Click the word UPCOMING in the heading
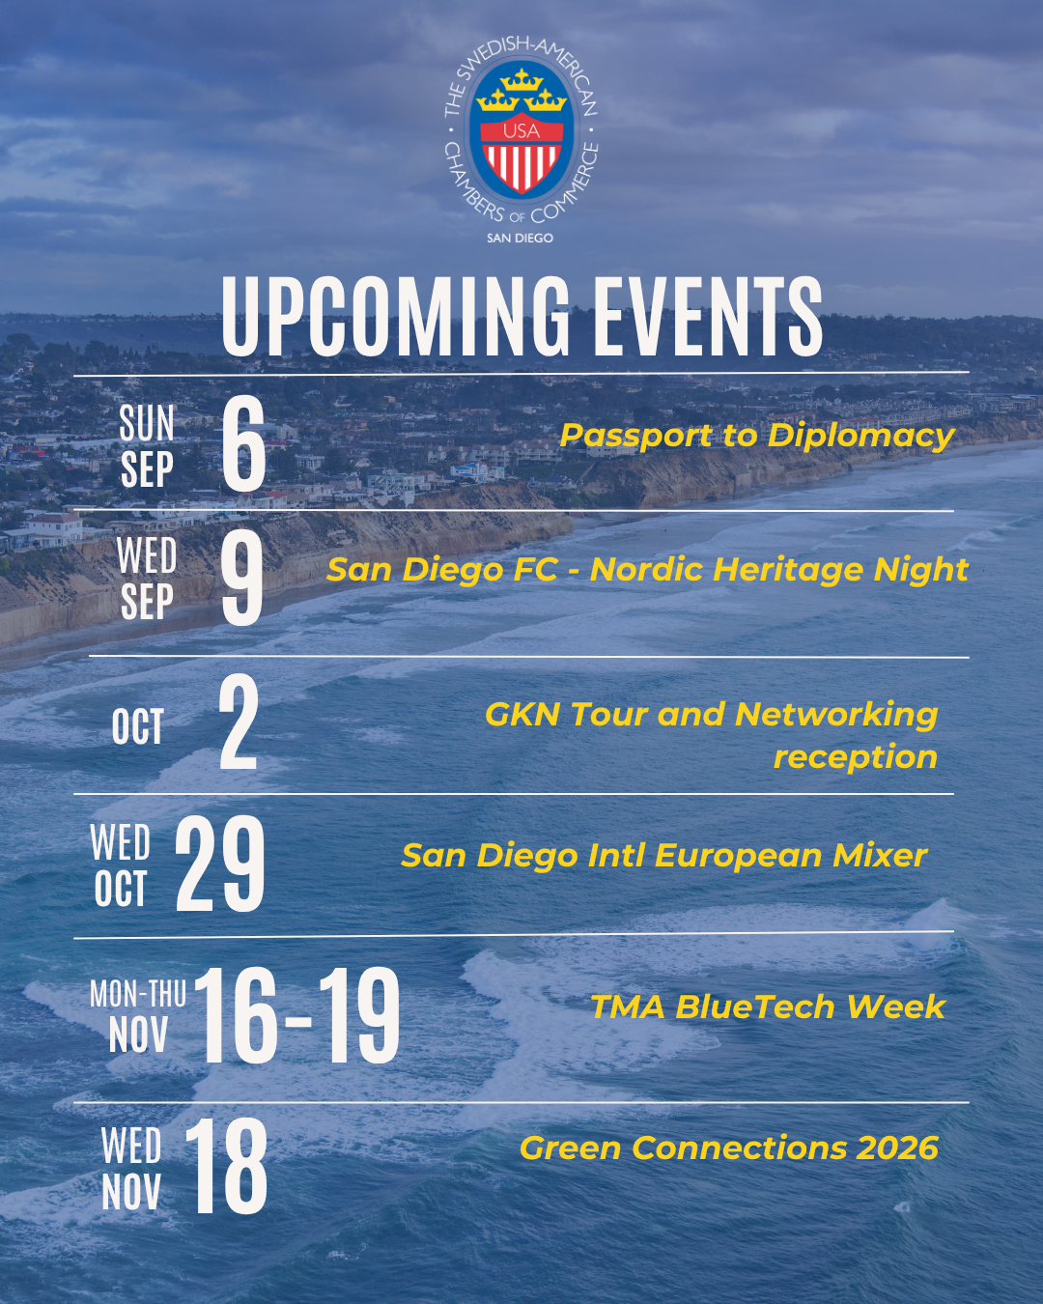(x=395, y=316)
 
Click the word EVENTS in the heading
(x=707, y=316)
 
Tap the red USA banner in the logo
(x=521, y=131)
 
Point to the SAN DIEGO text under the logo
(x=520, y=239)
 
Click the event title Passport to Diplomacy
(x=757, y=437)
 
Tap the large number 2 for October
(x=239, y=722)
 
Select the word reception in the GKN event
(x=855, y=757)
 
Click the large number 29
(x=220, y=864)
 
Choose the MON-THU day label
(x=137, y=994)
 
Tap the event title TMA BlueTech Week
(x=768, y=1007)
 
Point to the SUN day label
(x=147, y=423)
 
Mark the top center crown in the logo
(x=521, y=79)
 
